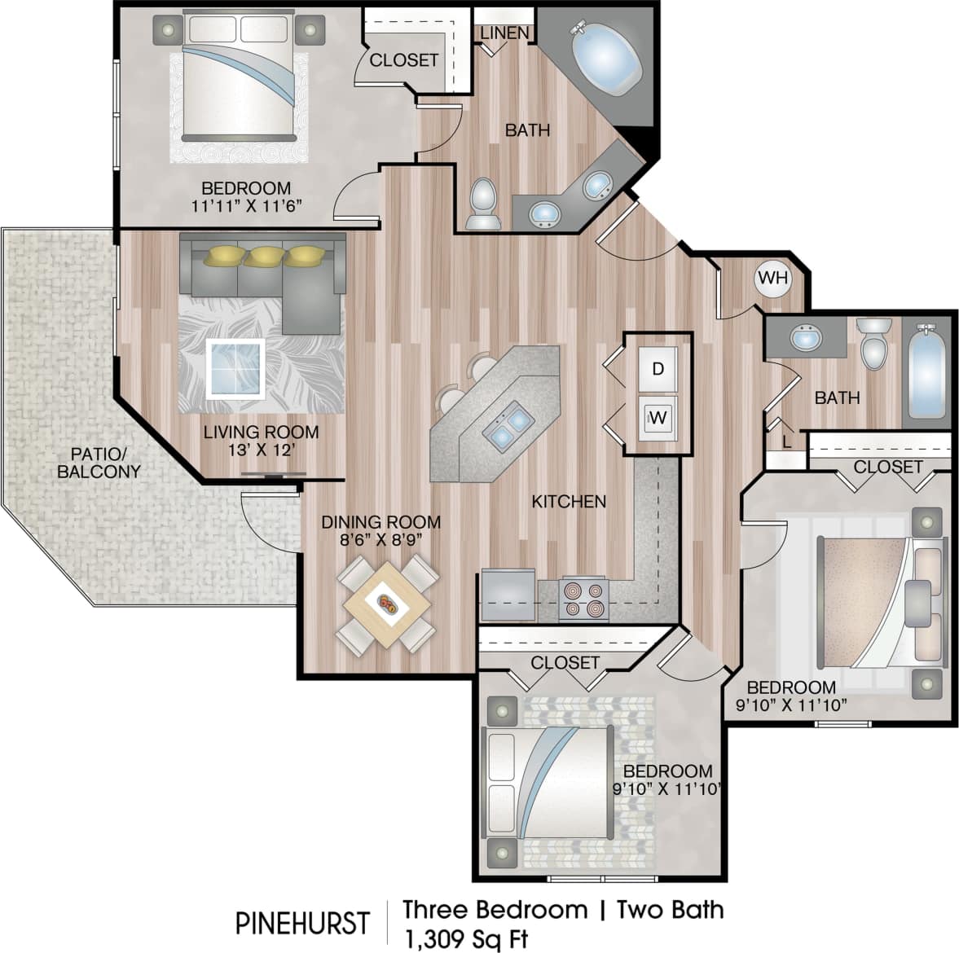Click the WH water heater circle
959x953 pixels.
[772, 278]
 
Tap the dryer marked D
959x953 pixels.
[658, 369]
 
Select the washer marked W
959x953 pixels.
[658, 419]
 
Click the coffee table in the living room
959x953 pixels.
[235, 368]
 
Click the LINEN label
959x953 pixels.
[504, 33]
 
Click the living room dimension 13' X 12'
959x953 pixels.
[260, 450]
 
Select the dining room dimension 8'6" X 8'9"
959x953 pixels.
[381, 539]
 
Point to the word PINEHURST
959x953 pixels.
[302, 923]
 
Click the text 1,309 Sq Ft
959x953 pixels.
[465, 938]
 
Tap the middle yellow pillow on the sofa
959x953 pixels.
[262, 257]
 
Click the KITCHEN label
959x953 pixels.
[569, 501]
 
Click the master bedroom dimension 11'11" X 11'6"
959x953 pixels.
[246, 206]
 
